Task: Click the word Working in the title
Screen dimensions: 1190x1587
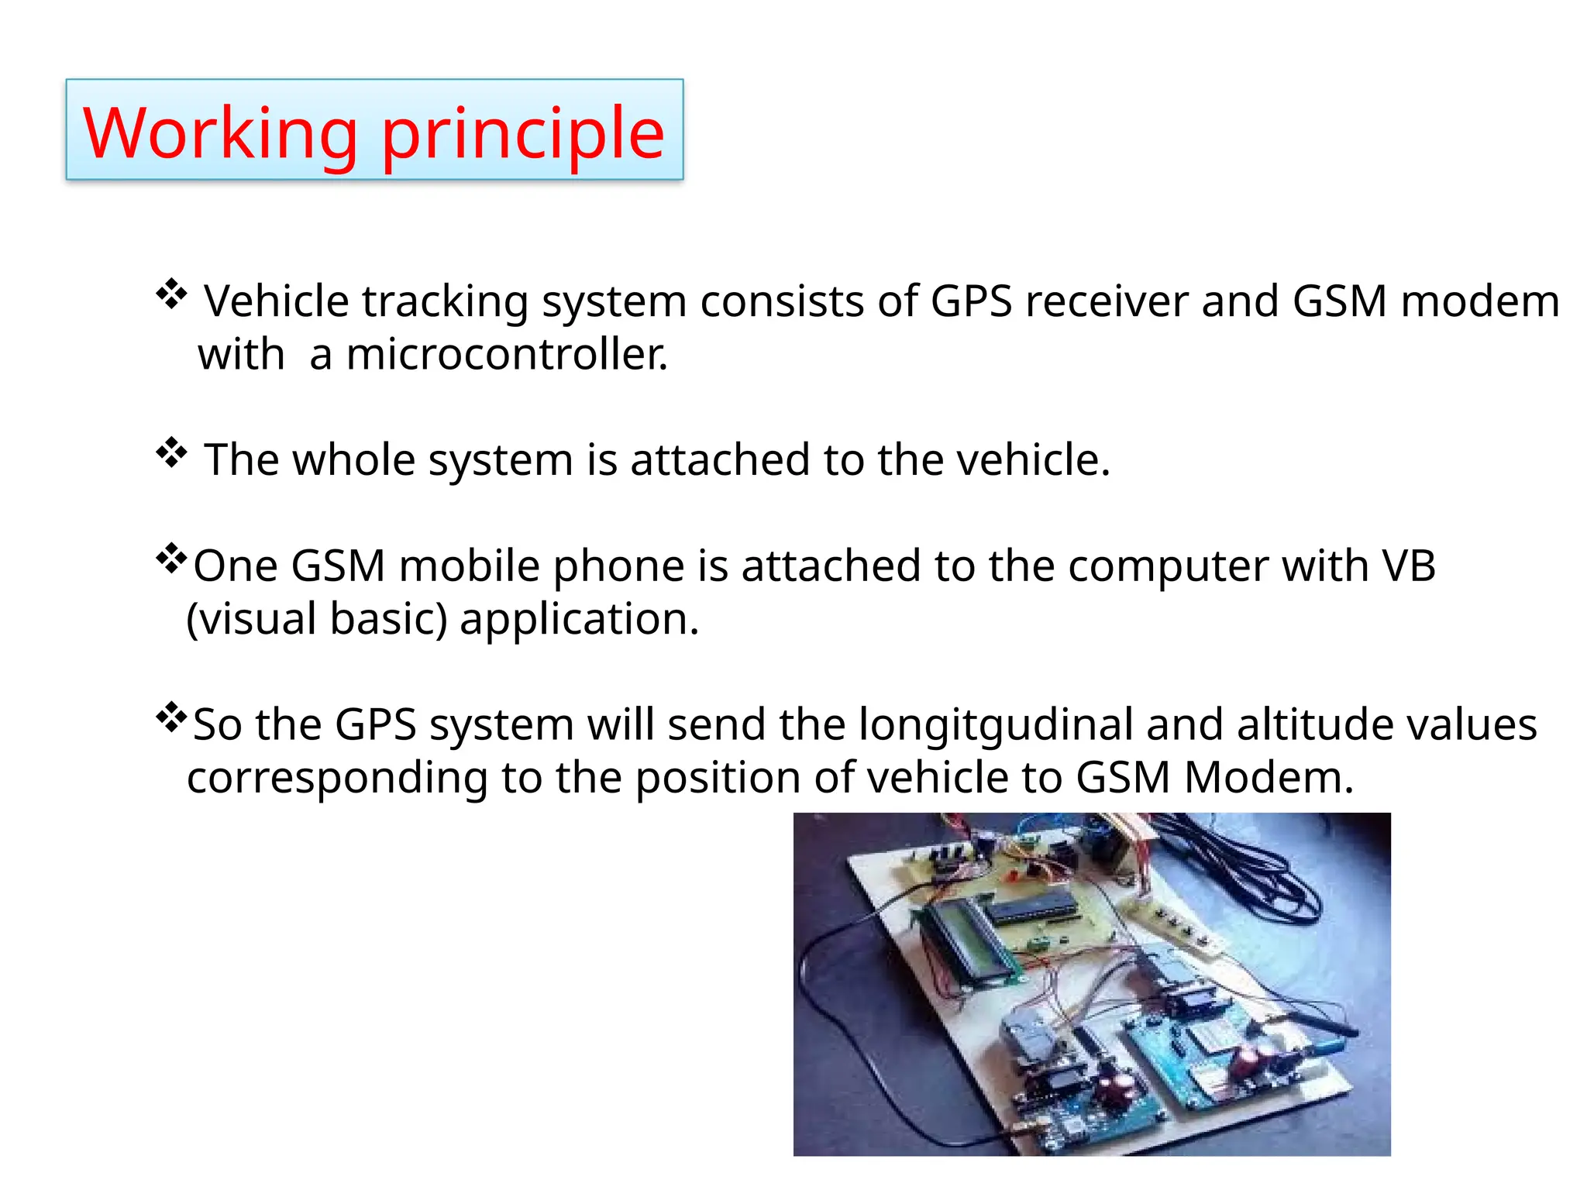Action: coord(220,133)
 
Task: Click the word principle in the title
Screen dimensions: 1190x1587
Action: coord(523,133)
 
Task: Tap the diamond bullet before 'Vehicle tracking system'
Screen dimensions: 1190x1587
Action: coord(171,294)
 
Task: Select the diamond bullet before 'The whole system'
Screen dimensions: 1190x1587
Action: coord(171,453)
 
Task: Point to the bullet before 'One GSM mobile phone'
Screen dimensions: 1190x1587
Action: coord(171,559)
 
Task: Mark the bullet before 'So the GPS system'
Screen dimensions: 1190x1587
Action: coord(171,717)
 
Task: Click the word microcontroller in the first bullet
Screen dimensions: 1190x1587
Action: coord(507,355)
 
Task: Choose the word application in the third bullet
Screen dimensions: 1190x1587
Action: coord(579,621)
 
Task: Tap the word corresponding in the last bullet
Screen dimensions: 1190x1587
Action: coord(337,779)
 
